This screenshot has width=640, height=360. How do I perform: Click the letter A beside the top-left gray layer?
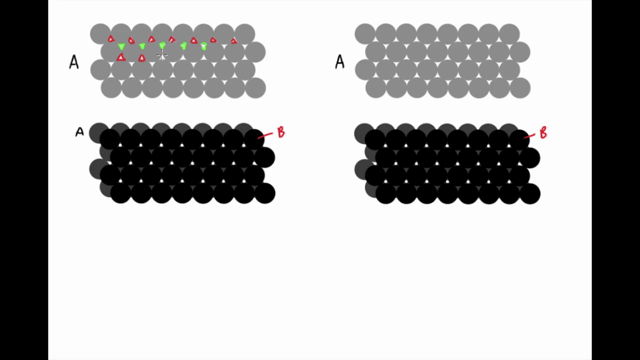(x=74, y=63)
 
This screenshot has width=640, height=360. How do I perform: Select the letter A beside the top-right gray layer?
(x=339, y=63)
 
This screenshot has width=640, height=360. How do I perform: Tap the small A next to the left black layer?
(x=79, y=131)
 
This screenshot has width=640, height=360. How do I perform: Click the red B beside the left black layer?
(x=280, y=132)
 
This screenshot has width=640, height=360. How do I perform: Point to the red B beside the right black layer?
(x=544, y=132)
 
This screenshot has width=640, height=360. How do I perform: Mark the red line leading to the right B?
(x=529, y=137)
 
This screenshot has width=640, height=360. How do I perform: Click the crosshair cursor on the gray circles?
(x=161, y=57)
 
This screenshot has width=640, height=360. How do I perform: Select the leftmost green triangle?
(x=122, y=47)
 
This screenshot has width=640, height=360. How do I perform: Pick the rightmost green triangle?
(x=204, y=47)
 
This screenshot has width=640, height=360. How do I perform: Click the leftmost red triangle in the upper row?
(x=111, y=40)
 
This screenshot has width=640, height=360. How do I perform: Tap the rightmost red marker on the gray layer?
(x=234, y=41)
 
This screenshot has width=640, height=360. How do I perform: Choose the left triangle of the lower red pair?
(x=121, y=58)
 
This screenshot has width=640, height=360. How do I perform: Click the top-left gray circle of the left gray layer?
(x=100, y=34)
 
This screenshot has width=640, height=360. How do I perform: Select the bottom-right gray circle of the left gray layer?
(x=255, y=88)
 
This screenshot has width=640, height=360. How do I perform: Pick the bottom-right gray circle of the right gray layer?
(x=519, y=88)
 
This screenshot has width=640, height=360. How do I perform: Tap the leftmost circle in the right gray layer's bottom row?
(x=376, y=88)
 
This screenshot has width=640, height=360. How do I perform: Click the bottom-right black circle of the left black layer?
(x=265, y=193)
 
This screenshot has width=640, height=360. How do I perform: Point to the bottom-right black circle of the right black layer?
(x=529, y=193)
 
